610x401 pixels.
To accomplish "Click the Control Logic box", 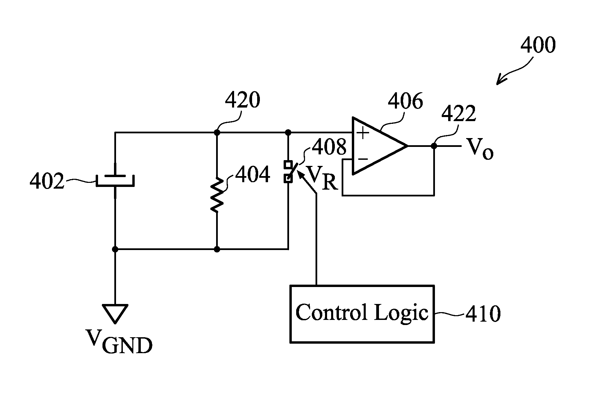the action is coord(362,314).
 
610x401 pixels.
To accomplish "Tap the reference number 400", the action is coord(538,45).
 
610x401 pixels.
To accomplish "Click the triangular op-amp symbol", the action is coord(380,146).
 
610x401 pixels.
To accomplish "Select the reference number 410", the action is coord(483,314).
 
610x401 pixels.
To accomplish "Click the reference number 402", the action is coord(47,182).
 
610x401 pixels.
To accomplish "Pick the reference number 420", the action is coord(243,100).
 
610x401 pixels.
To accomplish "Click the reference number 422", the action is coord(459,114).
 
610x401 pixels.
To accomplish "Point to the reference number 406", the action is coord(405,101).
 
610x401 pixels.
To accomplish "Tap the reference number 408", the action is coord(329,147).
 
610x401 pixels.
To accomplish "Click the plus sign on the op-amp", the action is coord(363,133).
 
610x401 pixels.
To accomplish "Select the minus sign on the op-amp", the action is coord(363,158).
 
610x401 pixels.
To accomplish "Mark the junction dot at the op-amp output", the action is coord(434,146).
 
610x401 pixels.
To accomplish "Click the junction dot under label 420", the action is coord(217,132).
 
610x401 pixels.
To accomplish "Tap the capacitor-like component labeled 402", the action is coord(115,180).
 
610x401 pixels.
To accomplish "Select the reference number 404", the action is coord(252,175).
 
